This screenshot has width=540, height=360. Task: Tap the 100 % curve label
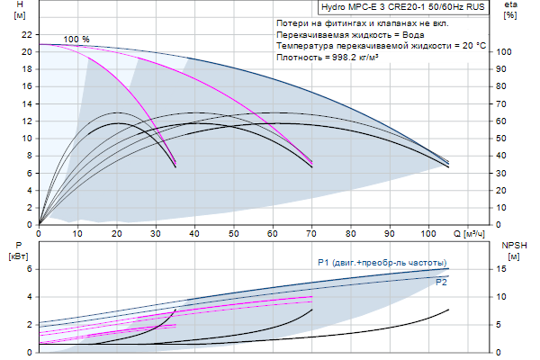[x=77, y=40]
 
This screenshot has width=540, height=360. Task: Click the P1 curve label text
[x=382, y=262]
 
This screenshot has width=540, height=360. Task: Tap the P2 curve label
[x=442, y=282]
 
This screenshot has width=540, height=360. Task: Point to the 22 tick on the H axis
[x=26, y=34]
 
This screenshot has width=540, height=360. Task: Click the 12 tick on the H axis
[x=26, y=121]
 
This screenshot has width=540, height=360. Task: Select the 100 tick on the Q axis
[x=427, y=234]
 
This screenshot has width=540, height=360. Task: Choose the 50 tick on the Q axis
[x=233, y=234]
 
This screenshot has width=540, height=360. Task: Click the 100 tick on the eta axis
[x=505, y=52]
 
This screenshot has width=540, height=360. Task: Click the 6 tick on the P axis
[x=29, y=269]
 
